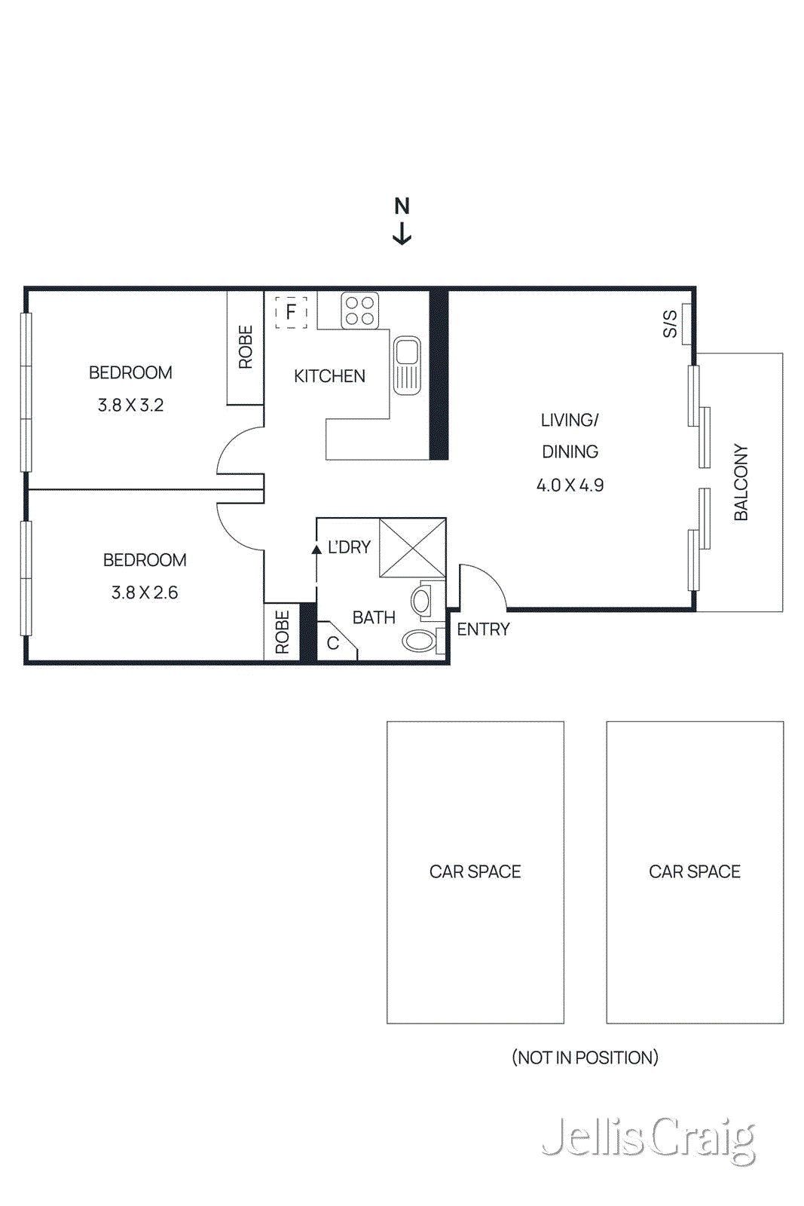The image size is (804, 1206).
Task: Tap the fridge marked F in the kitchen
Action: tap(291, 311)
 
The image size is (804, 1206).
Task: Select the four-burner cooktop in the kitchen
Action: tap(359, 311)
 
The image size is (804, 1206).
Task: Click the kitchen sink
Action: tap(407, 366)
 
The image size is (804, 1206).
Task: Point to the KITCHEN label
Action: tap(329, 376)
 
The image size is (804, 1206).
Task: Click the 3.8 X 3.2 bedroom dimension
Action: tap(130, 406)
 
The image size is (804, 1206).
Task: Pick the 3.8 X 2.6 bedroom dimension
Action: tap(145, 593)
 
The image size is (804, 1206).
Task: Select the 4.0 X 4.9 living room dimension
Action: tap(570, 485)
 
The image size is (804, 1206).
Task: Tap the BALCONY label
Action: tap(741, 482)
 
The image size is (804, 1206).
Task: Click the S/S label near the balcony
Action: tap(669, 324)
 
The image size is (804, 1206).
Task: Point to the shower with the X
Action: tap(412, 548)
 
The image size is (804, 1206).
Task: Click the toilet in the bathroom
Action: tap(420, 641)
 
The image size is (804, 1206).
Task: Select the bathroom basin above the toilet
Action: tap(421, 601)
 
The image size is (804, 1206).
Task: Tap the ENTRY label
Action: tap(483, 629)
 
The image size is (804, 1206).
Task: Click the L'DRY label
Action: tap(349, 547)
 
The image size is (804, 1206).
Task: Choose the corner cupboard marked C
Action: tap(333, 644)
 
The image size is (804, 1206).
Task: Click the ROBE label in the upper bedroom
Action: tap(246, 347)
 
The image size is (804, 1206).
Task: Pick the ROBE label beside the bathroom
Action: tap(283, 632)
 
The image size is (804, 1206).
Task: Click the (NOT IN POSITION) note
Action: tap(585, 1058)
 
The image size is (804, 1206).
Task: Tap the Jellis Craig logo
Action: tap(648, 1139)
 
